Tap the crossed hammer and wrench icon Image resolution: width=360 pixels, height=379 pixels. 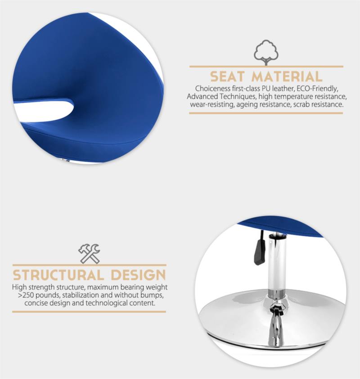90,253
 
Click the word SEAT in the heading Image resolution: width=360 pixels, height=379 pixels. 227,77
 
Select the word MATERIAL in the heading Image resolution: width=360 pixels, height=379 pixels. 287,77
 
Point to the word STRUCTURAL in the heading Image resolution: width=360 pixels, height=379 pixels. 58,275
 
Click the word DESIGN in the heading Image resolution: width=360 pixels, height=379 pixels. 138,275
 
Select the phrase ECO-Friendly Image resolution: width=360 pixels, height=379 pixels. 318,89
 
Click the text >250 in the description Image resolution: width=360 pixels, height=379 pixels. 26,295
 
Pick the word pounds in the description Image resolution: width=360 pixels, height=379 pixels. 48,295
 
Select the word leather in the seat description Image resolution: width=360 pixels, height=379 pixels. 283,89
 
